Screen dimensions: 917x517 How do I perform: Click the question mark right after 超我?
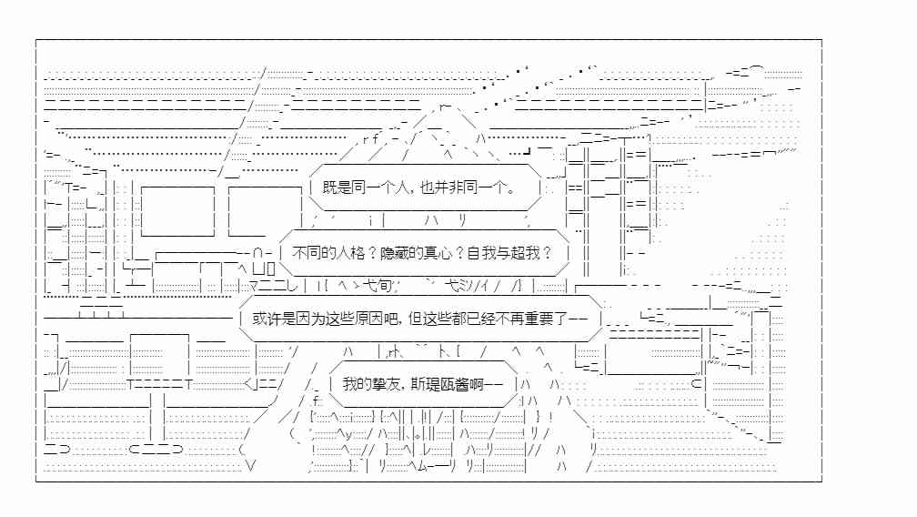point(547,253)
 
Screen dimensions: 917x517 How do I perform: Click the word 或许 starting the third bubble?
point(267,319)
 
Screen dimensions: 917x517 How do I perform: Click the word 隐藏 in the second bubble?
point(395,253)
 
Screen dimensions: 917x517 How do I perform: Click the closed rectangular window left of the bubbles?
point(177,211)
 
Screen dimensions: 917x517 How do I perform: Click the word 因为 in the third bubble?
point(310,319)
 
